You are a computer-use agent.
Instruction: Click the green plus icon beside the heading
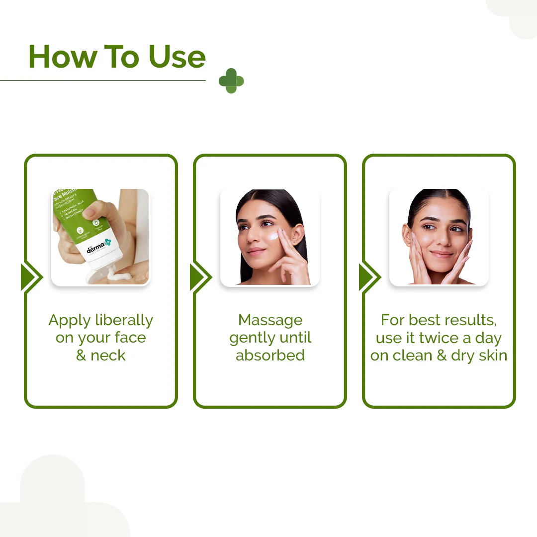pyautogui.click(x=231, y=81)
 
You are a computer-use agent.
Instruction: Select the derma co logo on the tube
pyautogui.click(x=98, y=247)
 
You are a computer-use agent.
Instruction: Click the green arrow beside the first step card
pyautogui.click(x=31, y=277)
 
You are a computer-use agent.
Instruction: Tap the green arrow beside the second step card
pyautogui.click(x=200, y=277)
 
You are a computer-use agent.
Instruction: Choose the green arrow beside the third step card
pyautogui.click(x=369, y=277)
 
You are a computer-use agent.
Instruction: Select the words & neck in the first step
pyautogui.click(x=100, y=356)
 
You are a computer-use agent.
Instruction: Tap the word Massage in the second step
pyautogui.click(x=270, y=320)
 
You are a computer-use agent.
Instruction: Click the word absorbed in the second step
pyautogui.click(x=270, y=356)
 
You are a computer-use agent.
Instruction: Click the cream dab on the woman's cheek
pyautogui.click(x=273, y=236)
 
